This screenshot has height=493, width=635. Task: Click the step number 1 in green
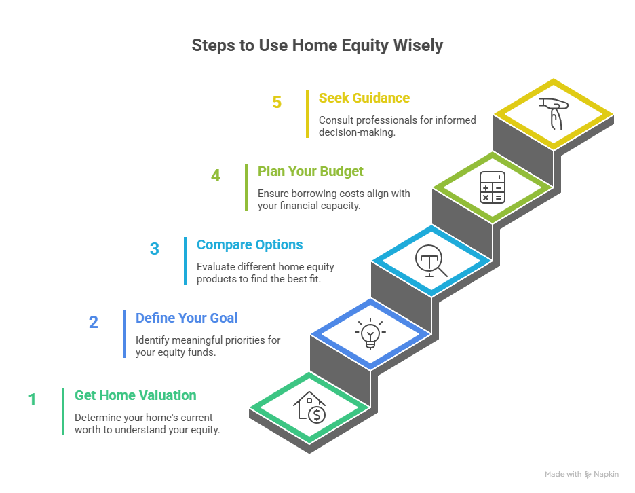(33, 400)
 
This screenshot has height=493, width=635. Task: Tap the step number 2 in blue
(94, 323)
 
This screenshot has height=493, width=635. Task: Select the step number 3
(154, 249)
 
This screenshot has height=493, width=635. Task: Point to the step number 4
(216, 176)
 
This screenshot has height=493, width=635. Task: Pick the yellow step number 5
(277, 102)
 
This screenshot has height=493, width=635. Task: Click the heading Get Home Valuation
(136, 395)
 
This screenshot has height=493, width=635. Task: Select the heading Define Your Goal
(187, 318)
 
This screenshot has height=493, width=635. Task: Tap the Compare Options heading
(250, 244)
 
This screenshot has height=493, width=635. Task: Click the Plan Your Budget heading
(311, 172)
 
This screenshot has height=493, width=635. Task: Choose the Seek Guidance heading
(364, 98)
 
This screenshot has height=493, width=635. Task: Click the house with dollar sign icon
(309, 407)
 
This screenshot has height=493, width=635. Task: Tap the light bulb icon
(370, 333)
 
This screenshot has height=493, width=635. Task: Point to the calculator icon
(493, 187)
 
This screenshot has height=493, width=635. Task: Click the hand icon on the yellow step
(553, 114)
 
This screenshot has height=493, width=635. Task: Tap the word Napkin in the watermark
(607, 475)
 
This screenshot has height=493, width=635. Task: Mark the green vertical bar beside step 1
(63, 412)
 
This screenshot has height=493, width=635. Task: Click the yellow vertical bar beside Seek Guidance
(307, 114)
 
